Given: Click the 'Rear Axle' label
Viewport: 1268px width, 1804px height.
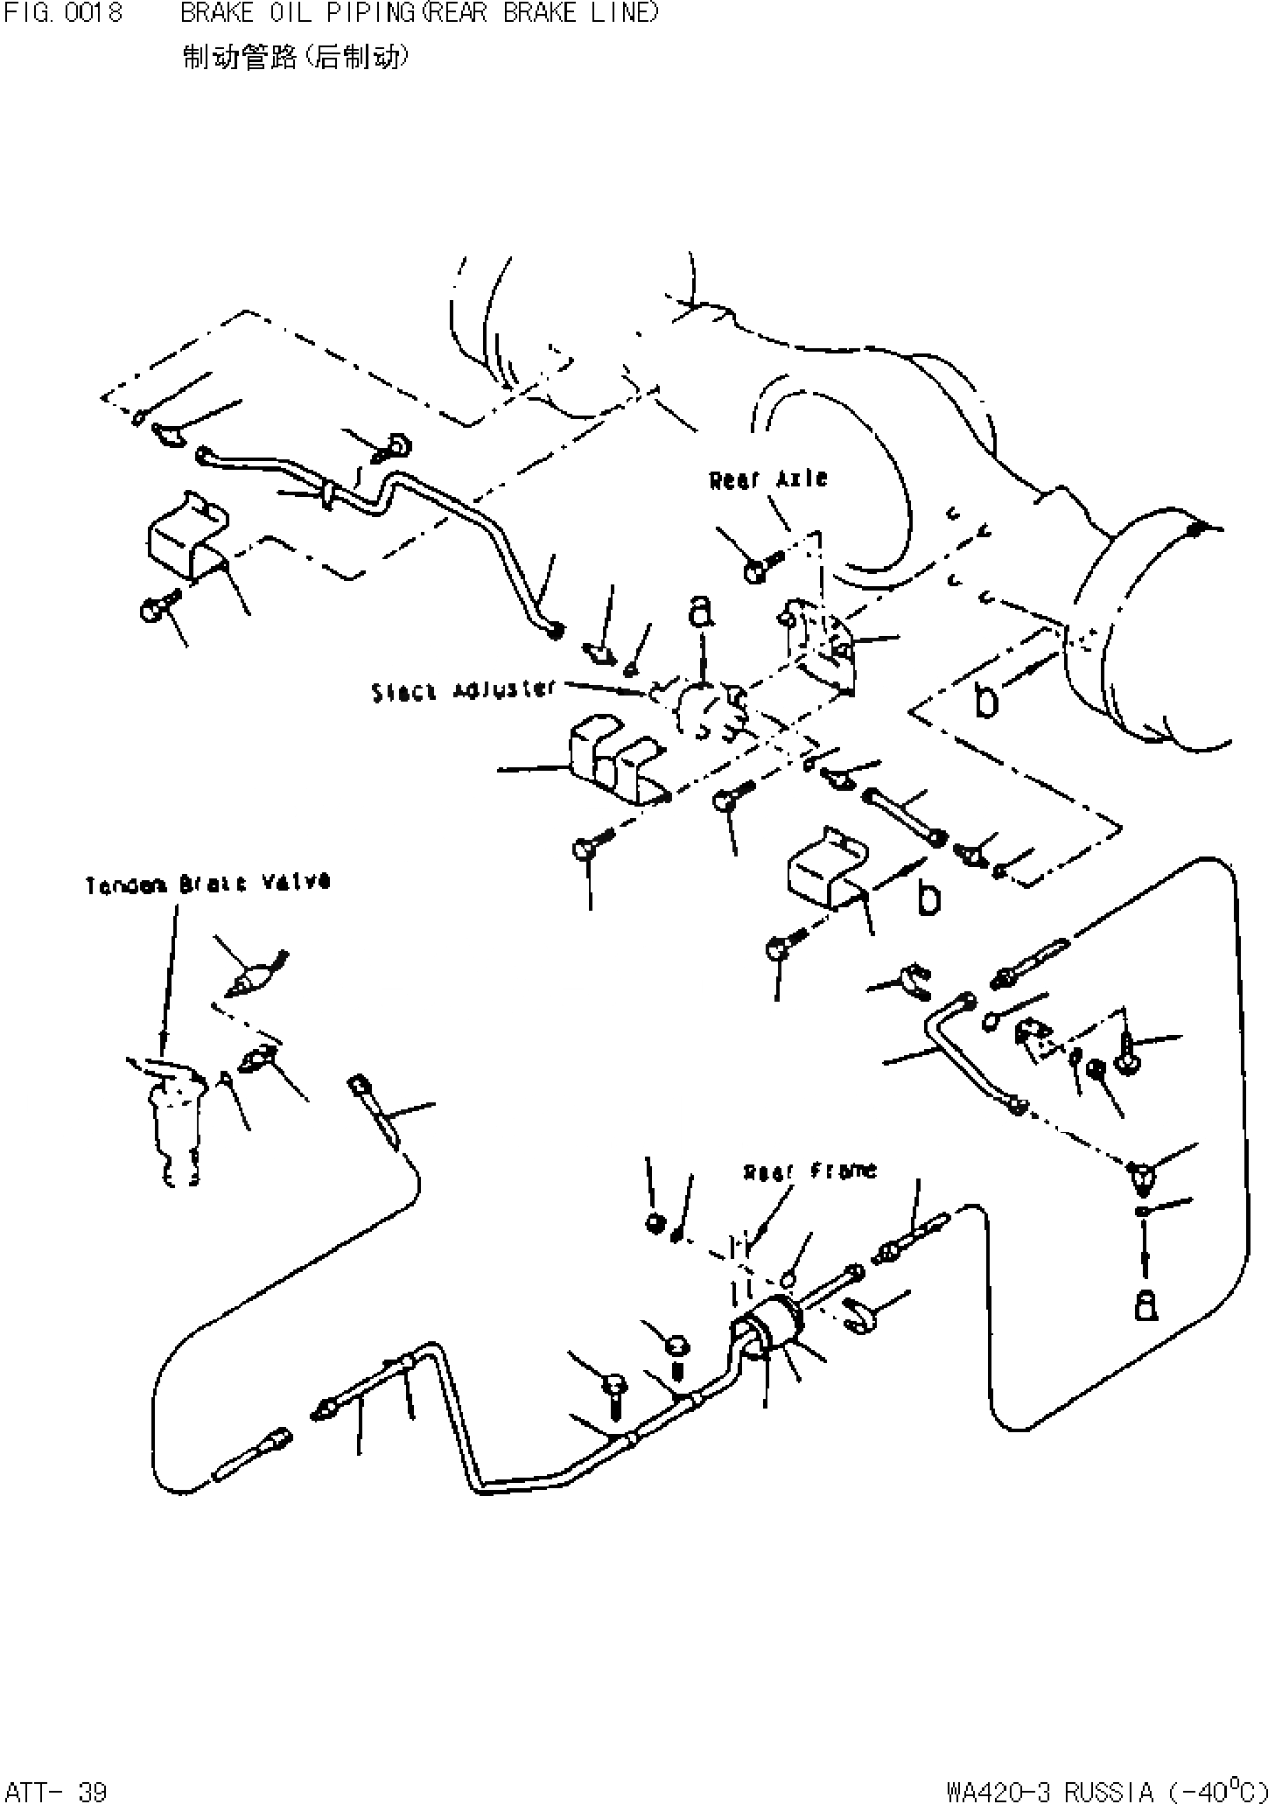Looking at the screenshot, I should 768,480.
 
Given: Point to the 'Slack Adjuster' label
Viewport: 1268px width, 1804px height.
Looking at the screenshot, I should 464,690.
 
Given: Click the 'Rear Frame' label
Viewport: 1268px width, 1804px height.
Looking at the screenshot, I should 809,1171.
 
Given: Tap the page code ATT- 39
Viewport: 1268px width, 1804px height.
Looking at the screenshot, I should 54,1787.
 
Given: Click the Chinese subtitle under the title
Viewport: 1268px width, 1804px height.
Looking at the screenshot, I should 295,58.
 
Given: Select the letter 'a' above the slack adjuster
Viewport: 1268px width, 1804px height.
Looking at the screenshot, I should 700,612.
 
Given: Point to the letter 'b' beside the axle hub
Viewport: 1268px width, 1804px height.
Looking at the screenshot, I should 986,701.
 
